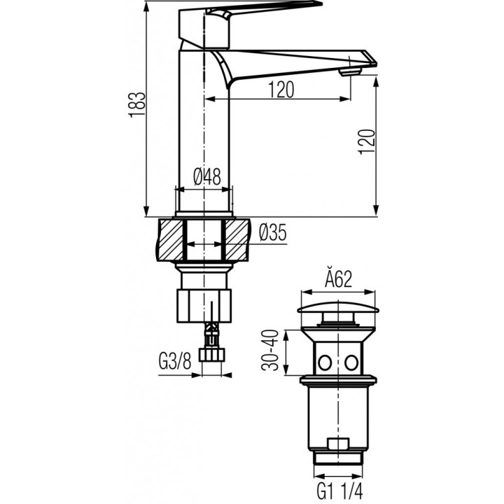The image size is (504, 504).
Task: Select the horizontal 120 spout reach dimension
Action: [x=280, y=90]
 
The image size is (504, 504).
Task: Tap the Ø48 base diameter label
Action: [x=207, y=177]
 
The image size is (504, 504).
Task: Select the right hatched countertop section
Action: [x=236, y=240]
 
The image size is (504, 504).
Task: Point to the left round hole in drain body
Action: [x=325, y=362]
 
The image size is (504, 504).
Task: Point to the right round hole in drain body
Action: [x=351, y=362]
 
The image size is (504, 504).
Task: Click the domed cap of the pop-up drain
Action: [x=339, y=309]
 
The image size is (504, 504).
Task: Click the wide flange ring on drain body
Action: [x=339, y=383]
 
